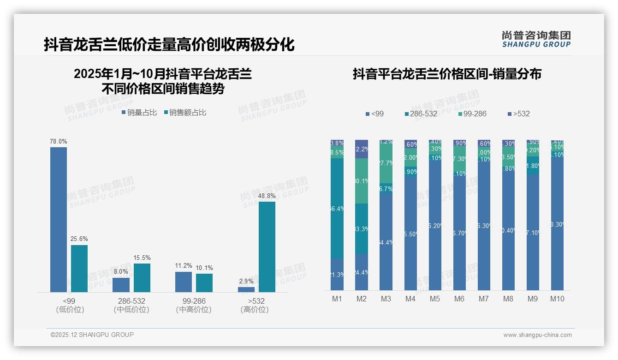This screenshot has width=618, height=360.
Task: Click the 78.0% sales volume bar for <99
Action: click(59, 219)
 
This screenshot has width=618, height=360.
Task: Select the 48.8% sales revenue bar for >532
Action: click(267, 246)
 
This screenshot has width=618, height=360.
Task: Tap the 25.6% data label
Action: click(79, 239)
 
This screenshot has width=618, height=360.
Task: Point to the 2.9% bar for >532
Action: click(246, 289)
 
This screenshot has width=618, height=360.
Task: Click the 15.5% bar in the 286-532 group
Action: click(142, 277)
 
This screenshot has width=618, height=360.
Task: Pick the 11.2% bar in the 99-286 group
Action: click(184, 282)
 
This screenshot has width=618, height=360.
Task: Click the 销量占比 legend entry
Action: click(139, 112)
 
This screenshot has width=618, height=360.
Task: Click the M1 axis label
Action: click(337, 299)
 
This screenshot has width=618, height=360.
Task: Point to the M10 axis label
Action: click(557, 299)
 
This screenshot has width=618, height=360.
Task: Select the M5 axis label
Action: click(435, 299)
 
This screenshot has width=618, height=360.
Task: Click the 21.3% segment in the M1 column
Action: click(337, 274)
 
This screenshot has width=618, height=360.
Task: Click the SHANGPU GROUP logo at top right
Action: click(536, 39)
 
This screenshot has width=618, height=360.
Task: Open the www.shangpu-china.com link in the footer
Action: click(537, 335)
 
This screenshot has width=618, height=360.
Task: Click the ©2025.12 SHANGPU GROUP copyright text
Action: click(92, 335)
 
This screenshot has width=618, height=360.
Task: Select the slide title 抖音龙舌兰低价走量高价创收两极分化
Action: click(169, 45)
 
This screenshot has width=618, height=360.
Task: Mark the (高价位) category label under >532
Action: click(255, 310)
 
